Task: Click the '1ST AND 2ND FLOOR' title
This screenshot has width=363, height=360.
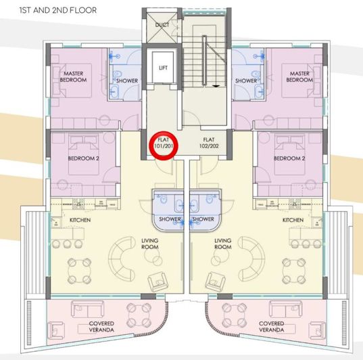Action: pos(58,10)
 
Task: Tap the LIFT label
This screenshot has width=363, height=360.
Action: pos(163,68)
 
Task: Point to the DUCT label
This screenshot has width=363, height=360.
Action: pos(162,24)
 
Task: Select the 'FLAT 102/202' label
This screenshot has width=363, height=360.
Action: pos(209,143)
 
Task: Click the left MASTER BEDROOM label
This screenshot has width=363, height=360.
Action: pos(74,76)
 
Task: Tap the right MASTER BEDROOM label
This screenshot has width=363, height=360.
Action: pos(299,76)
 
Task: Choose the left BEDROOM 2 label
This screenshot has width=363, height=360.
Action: pos(84,158)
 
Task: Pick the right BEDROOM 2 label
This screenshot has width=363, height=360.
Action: pos(289,158)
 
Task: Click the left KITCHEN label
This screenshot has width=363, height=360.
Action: pos(80,220)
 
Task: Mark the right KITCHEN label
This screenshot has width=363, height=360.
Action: pos(293,220)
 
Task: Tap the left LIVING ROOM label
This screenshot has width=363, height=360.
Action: pos(150,244)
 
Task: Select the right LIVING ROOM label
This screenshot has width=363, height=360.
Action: pos(222,244)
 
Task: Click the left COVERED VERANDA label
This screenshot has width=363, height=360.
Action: pos(101,327)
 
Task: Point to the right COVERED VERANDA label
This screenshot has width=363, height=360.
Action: pos(271,327)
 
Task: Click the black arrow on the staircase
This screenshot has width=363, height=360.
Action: pos(216,86)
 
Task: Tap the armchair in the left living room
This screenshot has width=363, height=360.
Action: pos(158,281)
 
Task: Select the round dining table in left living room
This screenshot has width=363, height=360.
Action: pos(79,271)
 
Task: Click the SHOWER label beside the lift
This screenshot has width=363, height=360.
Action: pos(127,81)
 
